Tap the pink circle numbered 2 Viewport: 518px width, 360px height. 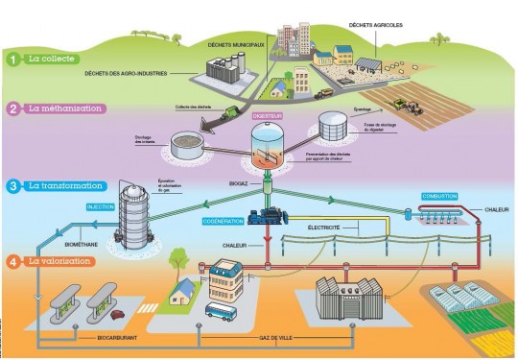click(13, 108)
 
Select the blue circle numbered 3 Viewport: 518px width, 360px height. click(13, 185)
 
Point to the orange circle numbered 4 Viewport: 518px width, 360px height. click(13, 260)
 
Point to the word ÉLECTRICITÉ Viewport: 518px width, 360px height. click(325, 228)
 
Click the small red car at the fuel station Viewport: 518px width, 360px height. click(118, 313)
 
